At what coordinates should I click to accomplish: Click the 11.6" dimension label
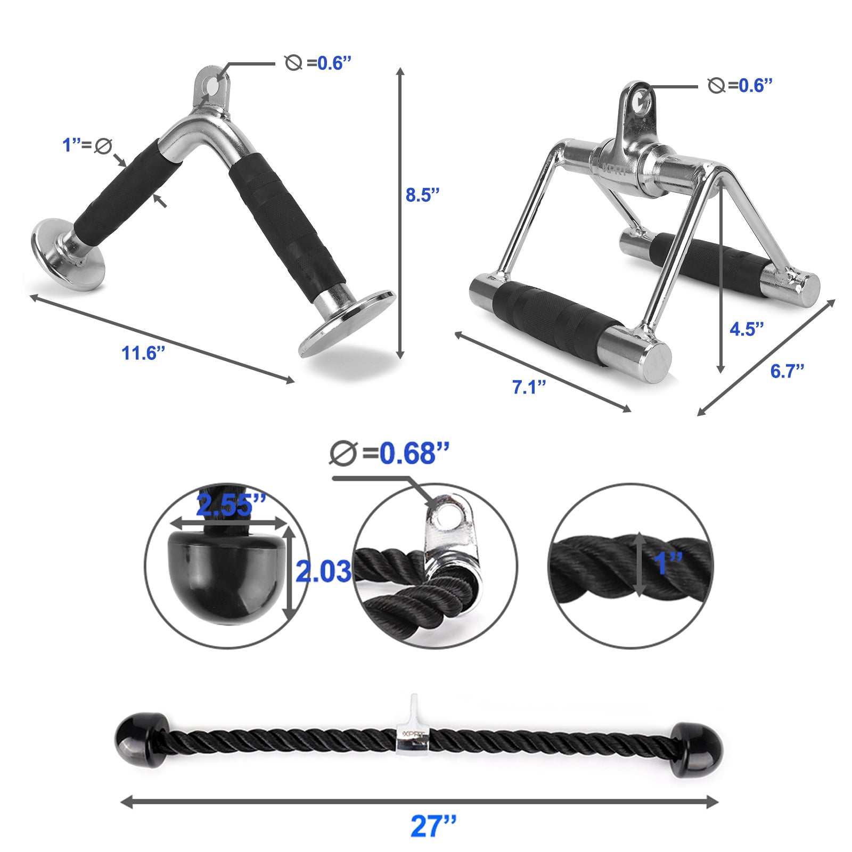(143, 353)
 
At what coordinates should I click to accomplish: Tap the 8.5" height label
(422, 195)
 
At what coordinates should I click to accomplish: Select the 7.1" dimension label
(529, 387)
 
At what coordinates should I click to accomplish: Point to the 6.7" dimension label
(787, 371)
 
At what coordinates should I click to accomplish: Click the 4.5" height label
(747, 329)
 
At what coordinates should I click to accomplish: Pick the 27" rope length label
(433, 826)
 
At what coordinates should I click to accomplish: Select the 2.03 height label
(323, 571)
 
